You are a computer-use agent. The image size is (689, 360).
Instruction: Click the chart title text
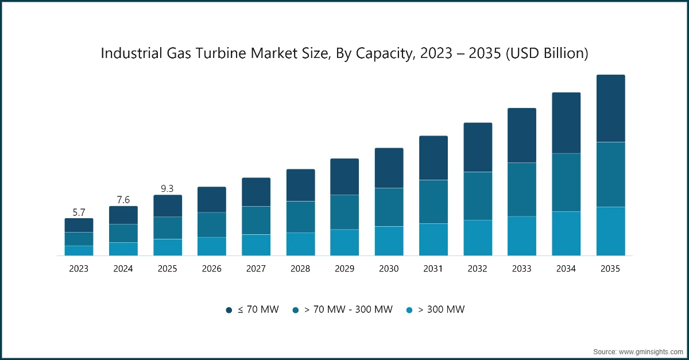[344, 53]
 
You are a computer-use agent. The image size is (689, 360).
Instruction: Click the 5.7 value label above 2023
[79, 212]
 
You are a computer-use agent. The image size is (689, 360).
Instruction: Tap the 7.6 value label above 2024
[123, 200]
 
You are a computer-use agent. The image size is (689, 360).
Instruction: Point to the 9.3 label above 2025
[167, 188]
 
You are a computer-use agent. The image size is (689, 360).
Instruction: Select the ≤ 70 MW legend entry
[252, 309]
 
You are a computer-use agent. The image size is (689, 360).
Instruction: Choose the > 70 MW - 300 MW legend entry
[342, 309]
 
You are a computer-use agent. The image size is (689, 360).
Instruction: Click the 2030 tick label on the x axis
[389, 269]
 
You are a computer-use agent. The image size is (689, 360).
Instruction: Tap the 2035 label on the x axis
[610, 269]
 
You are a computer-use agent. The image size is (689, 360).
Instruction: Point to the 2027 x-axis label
[256, 269]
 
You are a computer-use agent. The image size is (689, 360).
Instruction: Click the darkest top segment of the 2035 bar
[610, 108]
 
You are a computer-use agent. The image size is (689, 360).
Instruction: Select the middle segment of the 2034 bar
[566, 182]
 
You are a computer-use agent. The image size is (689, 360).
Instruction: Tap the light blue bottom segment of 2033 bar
[522, 235]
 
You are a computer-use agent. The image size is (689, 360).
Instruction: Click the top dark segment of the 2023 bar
[79, 225]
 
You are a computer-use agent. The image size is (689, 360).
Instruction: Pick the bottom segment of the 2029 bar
[344, 242]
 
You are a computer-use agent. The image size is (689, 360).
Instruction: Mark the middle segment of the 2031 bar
[433, 202]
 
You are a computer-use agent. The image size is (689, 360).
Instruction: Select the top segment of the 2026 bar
[212, 199]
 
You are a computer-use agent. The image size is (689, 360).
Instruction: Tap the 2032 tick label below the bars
[478, 269]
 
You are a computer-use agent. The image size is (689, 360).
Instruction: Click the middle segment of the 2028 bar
[300, 216]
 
